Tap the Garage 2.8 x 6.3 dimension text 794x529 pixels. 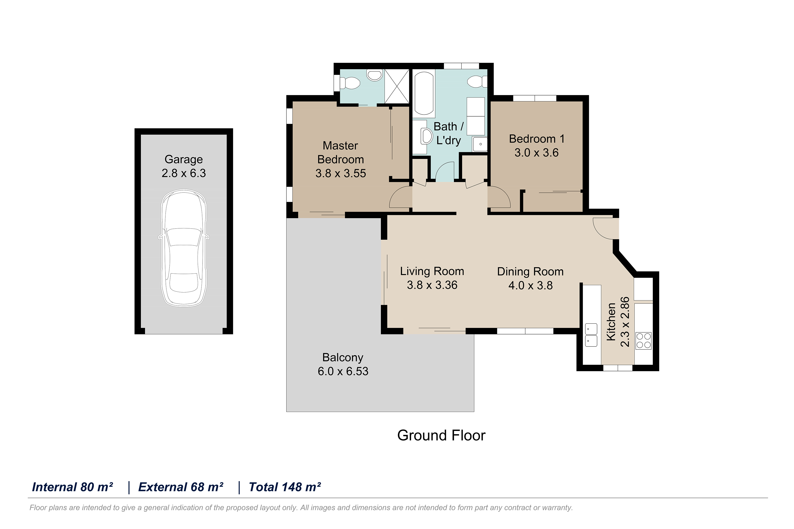184,173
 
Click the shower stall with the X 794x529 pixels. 397,86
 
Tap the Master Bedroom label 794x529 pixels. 341,153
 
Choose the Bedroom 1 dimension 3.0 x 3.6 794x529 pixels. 536,153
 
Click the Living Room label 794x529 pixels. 432,271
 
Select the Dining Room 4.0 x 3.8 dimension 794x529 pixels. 530,285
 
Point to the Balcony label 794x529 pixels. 343,357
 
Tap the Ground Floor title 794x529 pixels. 441,436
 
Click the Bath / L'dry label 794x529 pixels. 448,133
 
